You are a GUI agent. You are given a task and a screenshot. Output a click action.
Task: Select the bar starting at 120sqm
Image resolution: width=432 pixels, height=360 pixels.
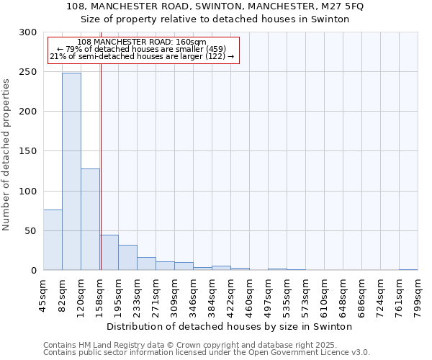(x=90, y=220)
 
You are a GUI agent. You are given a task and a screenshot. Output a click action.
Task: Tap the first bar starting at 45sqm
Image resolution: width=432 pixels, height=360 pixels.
(x=53, y=240)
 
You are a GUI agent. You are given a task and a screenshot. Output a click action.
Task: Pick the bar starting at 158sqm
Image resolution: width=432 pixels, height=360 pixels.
(x=109, y=253)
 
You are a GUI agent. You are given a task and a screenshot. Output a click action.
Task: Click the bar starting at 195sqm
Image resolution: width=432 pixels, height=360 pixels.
(x=127, y=258)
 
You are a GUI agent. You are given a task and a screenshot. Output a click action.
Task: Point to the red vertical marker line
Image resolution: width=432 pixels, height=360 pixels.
(x=101, y=144)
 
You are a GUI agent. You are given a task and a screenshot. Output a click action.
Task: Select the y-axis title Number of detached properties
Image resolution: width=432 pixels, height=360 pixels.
(x=6, y=155)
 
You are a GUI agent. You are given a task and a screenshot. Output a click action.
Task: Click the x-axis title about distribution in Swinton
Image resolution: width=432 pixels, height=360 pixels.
(x=234, y=326)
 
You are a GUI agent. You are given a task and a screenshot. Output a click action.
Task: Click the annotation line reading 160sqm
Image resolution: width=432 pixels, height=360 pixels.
(x=142, y=42)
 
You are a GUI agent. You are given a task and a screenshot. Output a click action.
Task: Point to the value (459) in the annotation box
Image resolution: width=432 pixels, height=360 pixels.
(x=215, y=49)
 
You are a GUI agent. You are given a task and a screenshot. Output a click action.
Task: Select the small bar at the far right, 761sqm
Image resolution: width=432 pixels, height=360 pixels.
(x=408, y=269)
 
